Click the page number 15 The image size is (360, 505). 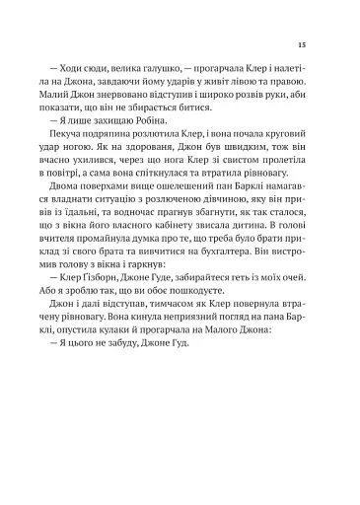point(301,45)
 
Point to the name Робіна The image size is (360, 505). point(145,147)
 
